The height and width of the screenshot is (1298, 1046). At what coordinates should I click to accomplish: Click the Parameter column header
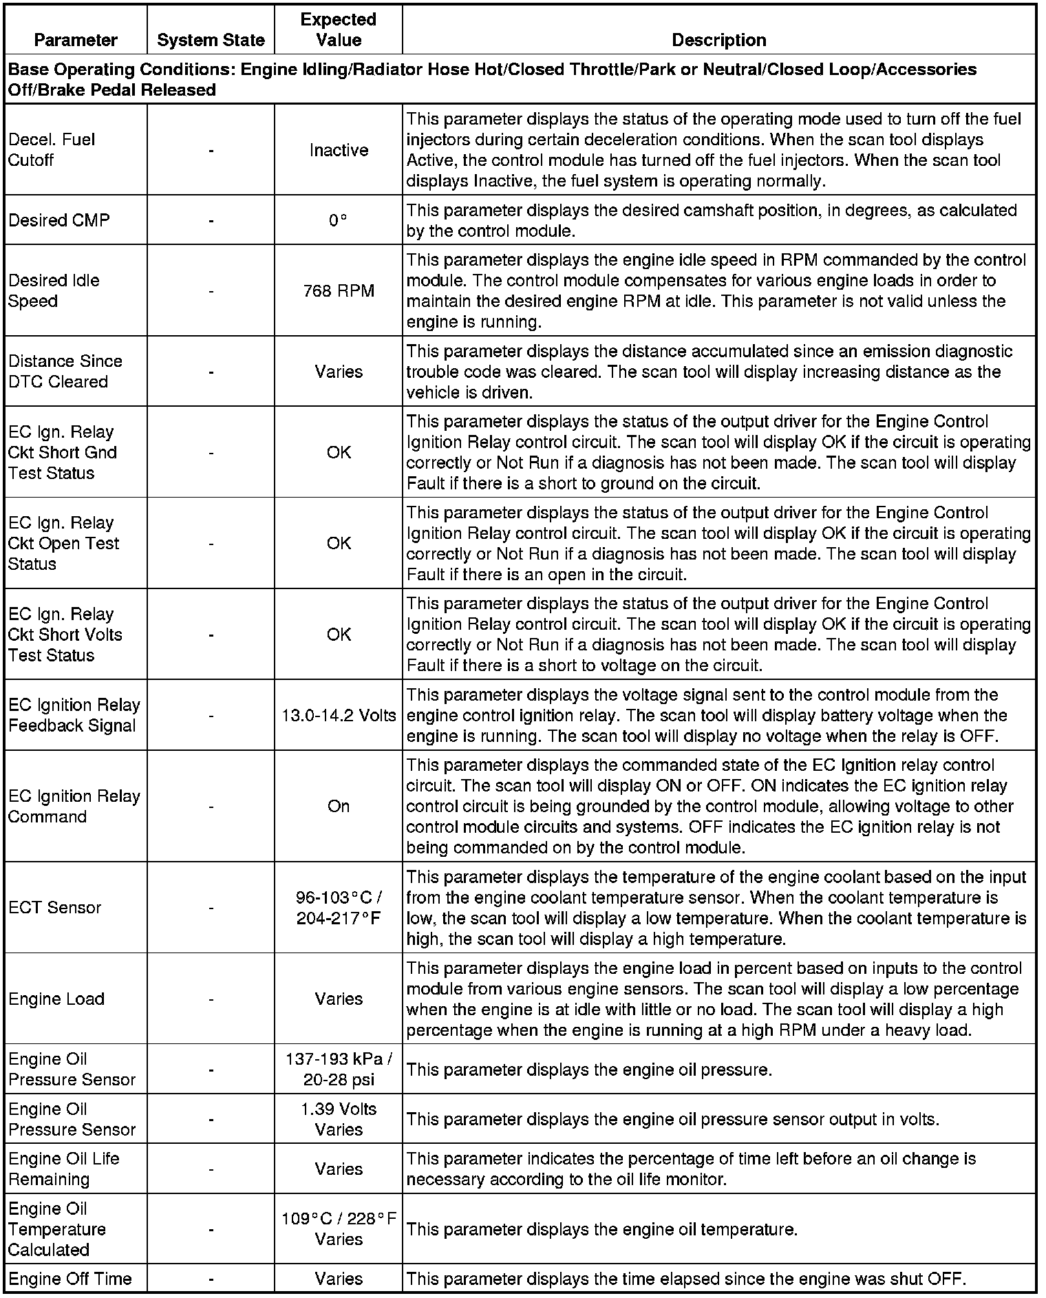pyautogui.click(x=76, y=40)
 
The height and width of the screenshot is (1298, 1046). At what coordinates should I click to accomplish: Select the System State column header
pyautogui.click(x=211, y=40)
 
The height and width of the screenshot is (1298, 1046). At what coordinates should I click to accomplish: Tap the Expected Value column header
pyautogui.click(x=339, y=30)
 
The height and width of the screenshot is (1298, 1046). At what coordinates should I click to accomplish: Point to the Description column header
pyautogui.click(x=718, y=40)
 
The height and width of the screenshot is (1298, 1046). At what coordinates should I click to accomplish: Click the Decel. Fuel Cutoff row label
pyautogui.click(x=52, y=149)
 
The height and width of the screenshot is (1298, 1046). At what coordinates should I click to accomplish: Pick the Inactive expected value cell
pyautogui.click(x=339, y=150)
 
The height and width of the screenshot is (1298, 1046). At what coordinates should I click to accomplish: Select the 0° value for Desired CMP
pyautogui.click(x=339, y=220)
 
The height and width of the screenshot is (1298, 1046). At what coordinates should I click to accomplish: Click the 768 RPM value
pyautogui.click(x=339, y=290)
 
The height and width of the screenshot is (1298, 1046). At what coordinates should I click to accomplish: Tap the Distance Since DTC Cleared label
pyautogui.click(x=65, y=371)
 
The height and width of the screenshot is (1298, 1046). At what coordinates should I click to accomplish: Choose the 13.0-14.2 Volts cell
pyautogui.click(x=339, y=715)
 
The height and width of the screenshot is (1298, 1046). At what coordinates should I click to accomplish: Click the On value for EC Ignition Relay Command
pyautogui.click(x=339, y=806)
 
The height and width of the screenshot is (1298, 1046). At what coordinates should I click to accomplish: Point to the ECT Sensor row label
pyautogui.click(x=55, y=907)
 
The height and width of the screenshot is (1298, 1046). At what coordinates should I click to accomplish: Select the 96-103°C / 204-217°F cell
pyautogui.click(x=339, y=907)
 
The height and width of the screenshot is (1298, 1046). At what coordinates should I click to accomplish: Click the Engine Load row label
pyautogui.click(x=56, y=999)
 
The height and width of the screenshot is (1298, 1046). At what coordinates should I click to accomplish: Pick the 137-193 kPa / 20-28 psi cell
pyautogui.click(x=339, y=1069)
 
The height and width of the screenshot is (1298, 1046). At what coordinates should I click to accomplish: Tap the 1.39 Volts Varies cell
pyautogui.click(x=339, y=1118)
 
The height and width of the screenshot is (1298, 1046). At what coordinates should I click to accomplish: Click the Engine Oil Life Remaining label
pyautogui.click(x=64, y=1169)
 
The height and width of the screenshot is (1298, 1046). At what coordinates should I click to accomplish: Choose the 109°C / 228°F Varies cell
pyautogui.click(x=339, y=1228)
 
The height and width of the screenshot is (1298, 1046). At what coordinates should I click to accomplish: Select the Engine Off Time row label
pyautogui.click(x=70, y=1279)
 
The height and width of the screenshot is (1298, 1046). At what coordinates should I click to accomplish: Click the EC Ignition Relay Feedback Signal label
pyautogui.click(x=74, y=715)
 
